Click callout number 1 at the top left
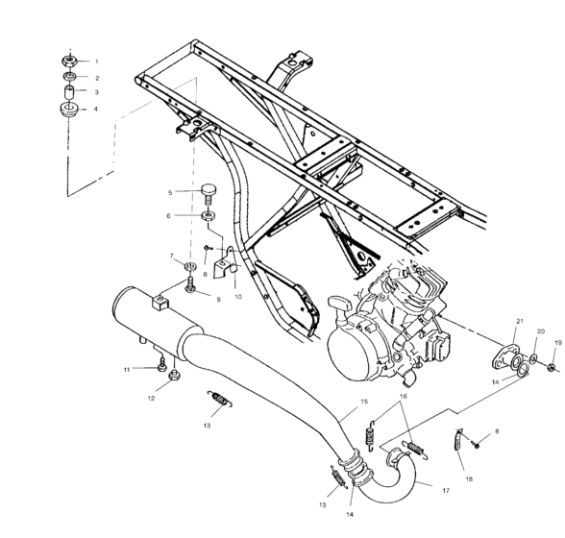(96, 61)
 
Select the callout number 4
(96, 110)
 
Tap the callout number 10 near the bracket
(237, 297)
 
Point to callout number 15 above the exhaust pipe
(363, 401)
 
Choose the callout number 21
(519, 320)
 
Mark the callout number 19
(556, 342)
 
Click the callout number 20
(539, 331)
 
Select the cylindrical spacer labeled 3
(71, 92)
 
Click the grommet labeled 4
(71, 110)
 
